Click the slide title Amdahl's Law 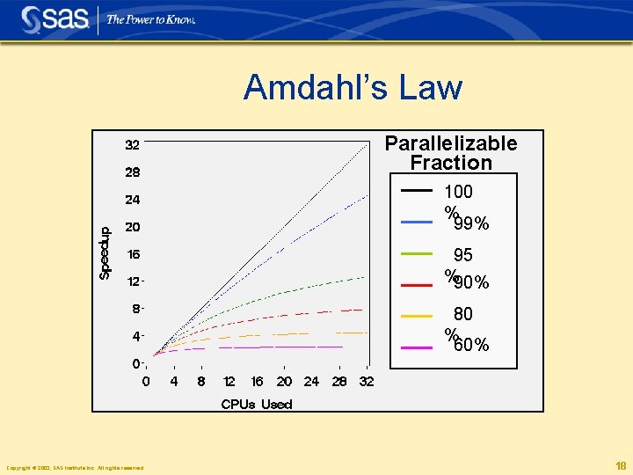(353, 88)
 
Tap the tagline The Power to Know (150, 19)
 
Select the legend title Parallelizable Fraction (451, 153)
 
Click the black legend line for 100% (417, 191)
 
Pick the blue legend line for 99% (417, 223)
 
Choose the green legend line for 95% (417, 253)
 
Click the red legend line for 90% (417, 284)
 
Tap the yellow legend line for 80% (417, 315)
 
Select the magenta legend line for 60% (417, 347)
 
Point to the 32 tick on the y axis (132, 144)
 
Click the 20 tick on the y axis (132, 227)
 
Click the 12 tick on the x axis (229, 382)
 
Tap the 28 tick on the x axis (339, 382)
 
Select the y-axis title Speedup (105, 253)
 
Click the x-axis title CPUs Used (257, 405)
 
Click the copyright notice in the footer (75, 467)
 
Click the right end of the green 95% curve (363, 277)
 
